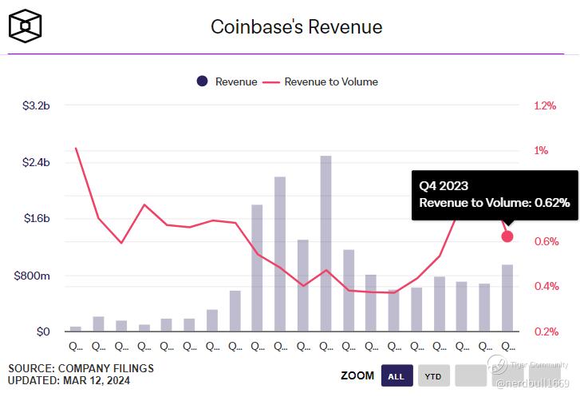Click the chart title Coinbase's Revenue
tap(296, 27)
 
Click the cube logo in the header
tap(26, 26)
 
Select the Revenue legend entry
tap(227, 81)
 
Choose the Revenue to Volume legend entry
tap(322, 81)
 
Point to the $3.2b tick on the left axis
tap(37, 105)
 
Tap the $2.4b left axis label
tap(37, 162)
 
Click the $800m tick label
tap(34, 276)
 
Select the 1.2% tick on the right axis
tap(545, 105)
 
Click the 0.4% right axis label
tap(545, 287)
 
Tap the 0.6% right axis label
tap(545, 242)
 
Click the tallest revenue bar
tap(326, 240)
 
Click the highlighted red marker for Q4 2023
tap(507, 236)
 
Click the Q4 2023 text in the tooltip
tap(444, 185)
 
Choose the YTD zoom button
tap(432, 375)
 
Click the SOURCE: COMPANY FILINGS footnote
tap(81, 368)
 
